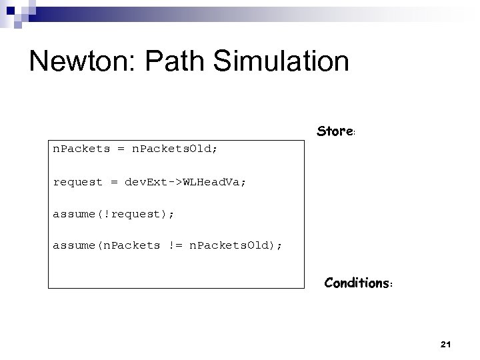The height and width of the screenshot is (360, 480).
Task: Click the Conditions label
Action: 357,283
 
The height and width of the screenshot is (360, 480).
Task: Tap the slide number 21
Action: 446,344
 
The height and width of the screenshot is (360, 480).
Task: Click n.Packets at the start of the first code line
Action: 81,149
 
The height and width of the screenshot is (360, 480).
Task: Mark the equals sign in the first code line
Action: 121,149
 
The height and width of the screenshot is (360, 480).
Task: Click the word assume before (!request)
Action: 73,214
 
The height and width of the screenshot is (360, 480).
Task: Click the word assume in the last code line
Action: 73,245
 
